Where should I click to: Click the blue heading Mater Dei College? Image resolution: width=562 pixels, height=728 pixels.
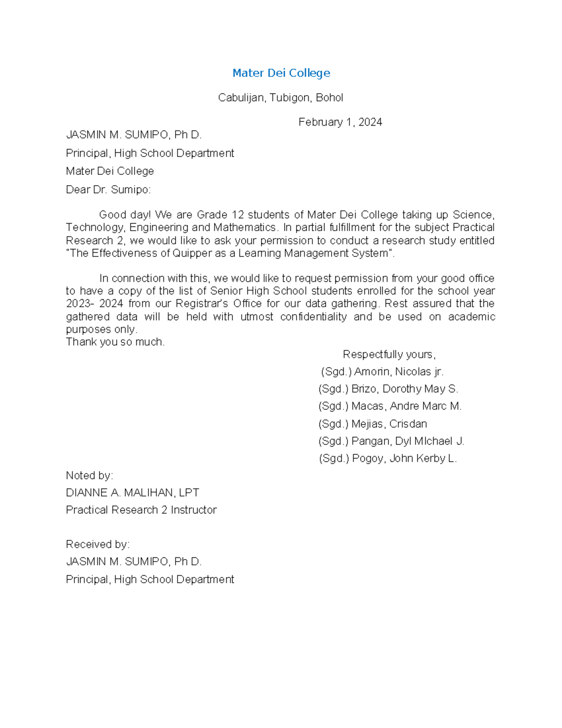pos(281,73)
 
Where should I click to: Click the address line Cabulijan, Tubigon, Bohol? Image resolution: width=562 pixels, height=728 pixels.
pos(281,98)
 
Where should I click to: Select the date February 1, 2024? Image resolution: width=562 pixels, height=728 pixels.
pos(340,122)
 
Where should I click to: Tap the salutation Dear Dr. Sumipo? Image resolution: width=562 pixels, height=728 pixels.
pos(108,190)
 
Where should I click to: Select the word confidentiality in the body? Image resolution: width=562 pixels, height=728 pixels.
pos(313,317)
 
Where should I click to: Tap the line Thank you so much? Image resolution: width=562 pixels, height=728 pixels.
pos(115,342)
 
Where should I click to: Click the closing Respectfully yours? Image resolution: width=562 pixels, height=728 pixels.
pos(389,354)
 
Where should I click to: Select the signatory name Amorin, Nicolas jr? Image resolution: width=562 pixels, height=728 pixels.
pos(398,372)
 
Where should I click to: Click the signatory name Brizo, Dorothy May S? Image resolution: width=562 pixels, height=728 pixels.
pos(404,389)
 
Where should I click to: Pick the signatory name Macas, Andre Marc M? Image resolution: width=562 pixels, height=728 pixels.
pos(406,406)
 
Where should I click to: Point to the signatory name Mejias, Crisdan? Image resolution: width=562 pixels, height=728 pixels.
pos(389,424)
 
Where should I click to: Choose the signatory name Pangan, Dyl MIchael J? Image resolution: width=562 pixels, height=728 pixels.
pos(407,442)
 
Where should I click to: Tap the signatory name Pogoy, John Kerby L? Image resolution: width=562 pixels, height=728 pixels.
pos(404,458)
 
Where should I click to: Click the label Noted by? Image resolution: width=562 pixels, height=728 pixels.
pos(89,476)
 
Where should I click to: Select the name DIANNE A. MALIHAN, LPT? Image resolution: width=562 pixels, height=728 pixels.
pos(133,493)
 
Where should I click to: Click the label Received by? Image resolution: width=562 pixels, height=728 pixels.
pos(97,545)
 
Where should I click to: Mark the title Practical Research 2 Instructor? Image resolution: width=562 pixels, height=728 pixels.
pos(141,510)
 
